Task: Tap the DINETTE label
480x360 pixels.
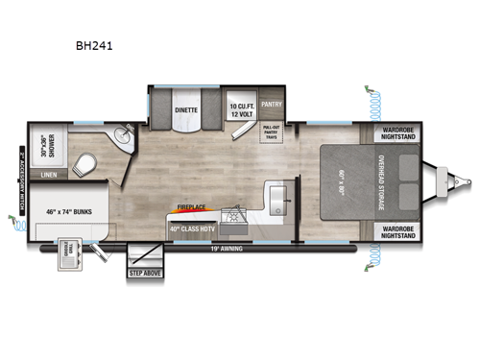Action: click(185, 110)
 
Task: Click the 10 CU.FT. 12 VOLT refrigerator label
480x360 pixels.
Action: click(239, 108)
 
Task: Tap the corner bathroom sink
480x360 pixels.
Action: click(121, 140)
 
